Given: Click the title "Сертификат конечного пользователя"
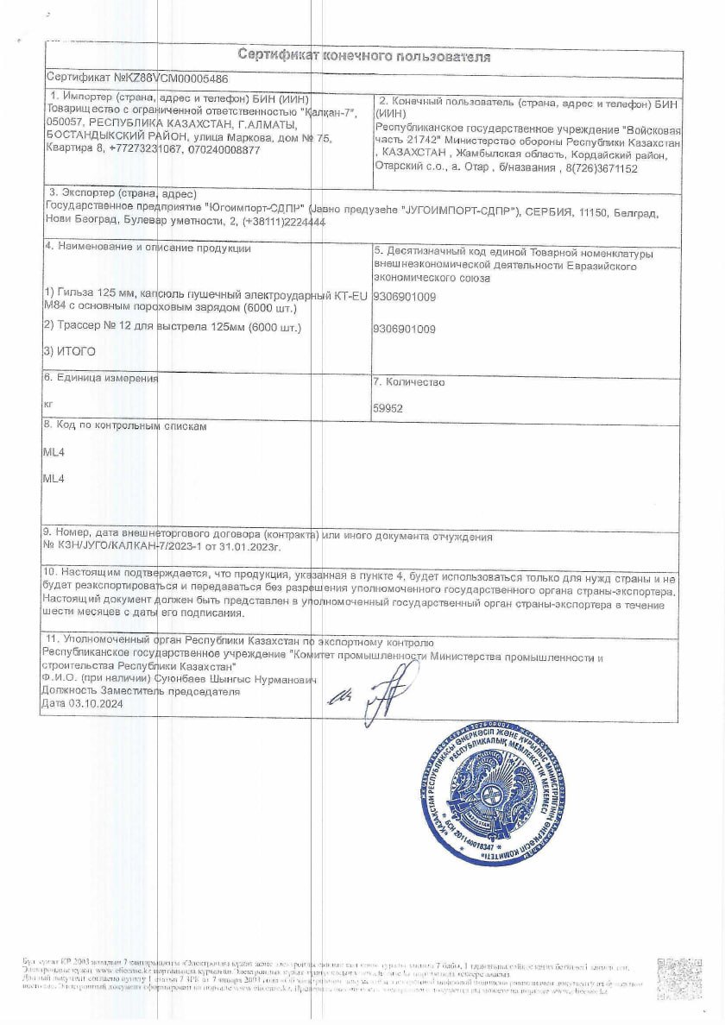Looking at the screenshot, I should click(x=363, y=57).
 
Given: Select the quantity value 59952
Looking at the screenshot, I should click(x=387, y=410).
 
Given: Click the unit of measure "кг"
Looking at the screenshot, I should click(x=47, y=404).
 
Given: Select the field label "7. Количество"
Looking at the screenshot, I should click(x=409, y=381).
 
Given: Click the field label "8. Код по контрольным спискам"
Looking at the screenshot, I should click(x=125, y=425).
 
